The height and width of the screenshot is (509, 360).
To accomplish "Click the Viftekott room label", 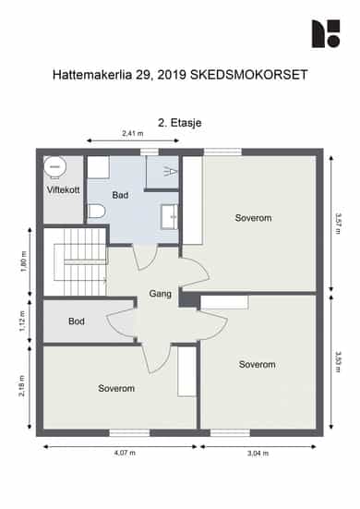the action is pos(64,189).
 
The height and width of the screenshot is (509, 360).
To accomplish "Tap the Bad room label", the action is pos(120,195).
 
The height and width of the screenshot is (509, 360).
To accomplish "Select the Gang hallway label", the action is pos(161,294).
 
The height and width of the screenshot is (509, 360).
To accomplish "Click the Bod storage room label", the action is pos(77,321).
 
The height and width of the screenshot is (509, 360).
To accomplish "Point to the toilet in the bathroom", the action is pos(97,212).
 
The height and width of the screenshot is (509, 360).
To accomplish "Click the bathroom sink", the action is pos(169,217).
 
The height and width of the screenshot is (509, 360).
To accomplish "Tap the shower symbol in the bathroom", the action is pos(171,171).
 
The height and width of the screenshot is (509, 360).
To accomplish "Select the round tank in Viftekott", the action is pos(55,167).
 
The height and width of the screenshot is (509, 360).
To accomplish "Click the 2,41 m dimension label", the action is pos(133,133).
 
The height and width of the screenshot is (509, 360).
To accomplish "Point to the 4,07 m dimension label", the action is pos(125,453).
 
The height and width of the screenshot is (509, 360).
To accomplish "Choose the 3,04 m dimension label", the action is pos(258,454).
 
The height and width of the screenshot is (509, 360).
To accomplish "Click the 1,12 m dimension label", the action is pos(22,321).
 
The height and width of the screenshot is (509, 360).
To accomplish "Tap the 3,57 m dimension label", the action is pos(338,224).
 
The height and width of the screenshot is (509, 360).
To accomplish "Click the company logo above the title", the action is pos(326,34).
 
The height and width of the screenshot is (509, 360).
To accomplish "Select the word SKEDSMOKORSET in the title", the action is pos(248,75).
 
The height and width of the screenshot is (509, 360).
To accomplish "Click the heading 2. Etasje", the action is pos(180,123).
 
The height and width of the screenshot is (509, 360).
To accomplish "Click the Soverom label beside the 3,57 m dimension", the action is pos(253,218).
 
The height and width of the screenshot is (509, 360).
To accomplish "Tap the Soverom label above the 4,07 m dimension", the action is pos(116,388).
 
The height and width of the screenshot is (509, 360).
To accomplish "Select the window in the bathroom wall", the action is pos(150,151).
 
